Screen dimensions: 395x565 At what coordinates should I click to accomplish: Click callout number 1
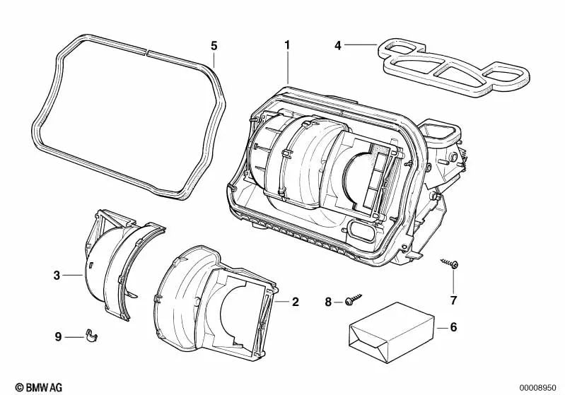287,45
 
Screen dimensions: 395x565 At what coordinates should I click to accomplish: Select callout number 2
295,302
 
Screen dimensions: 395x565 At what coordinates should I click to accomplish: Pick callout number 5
214,45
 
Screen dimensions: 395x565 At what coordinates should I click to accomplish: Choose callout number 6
453,327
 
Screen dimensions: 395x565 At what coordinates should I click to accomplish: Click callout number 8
327,302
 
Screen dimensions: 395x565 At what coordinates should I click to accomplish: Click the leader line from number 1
288,68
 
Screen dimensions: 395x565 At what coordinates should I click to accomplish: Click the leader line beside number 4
362,45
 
